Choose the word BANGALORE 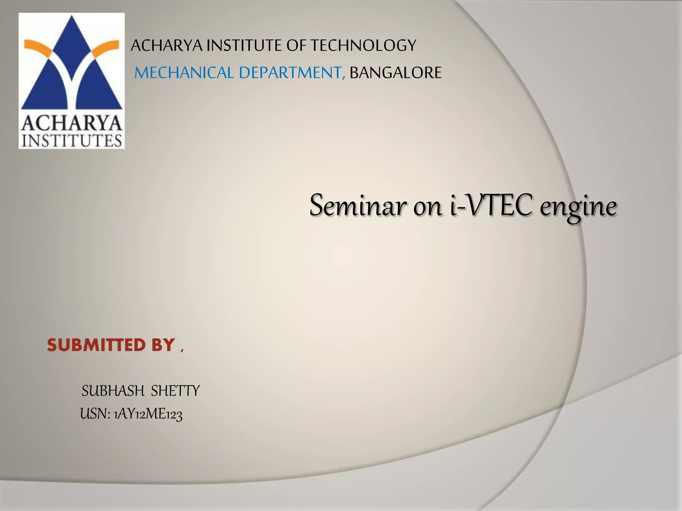(x=396, y=73)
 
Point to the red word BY (x=163, y=345)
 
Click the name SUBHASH (x=113, y=391)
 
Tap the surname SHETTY (x=175, y=391)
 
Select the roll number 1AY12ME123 (x=148, y=415)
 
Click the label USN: (x=95, y=414)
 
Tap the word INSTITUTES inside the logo (x=72, y=141)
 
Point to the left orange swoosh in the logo (x=38, y=48)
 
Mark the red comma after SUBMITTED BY (x=182, y=350)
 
